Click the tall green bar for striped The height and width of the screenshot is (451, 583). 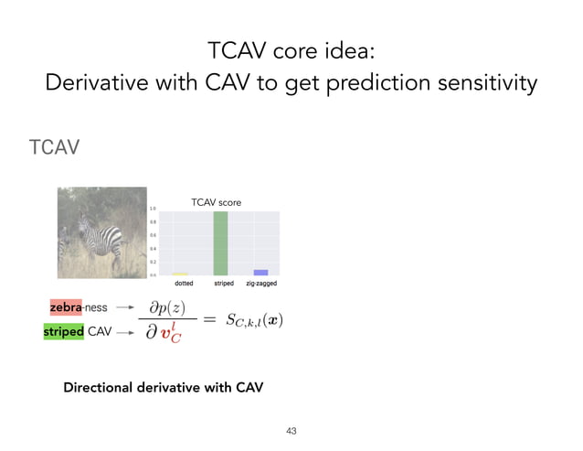point(220,243)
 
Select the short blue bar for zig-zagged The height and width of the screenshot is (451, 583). point(260,272)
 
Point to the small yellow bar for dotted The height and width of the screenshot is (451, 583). point(180,274)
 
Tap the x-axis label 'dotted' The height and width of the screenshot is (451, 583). point(184,284)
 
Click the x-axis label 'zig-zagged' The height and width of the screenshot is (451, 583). point(260,284)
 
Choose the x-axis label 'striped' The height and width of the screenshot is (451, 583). point(223,284)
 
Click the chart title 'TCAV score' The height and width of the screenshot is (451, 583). point(216,202)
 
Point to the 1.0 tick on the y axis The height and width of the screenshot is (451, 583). point(154,209)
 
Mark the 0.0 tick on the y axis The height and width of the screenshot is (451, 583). point(154,274)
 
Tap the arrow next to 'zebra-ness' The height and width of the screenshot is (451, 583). point(126,308)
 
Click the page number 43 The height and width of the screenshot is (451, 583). point(291,429)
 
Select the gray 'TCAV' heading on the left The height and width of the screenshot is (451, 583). point(55,147)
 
